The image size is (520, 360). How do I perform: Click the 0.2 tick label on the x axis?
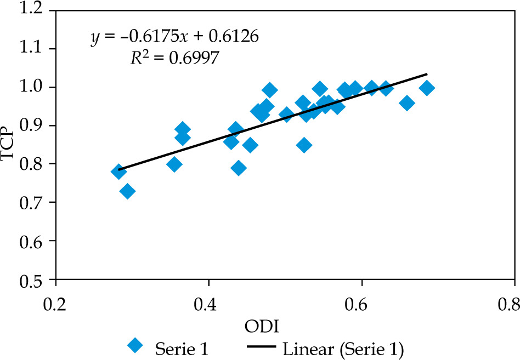pos(55,304)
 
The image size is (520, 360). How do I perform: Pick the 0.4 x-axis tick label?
pos(208,304)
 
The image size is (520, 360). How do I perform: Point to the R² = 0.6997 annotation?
pos(174,58)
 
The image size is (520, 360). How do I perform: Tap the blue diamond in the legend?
pos(135,346)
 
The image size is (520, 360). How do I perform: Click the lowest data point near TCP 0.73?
pos(127,191)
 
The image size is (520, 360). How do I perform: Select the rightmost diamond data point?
pos(426,88)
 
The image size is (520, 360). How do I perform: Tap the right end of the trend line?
pos(427,73)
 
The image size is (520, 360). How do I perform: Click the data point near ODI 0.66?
pos(406,103)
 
